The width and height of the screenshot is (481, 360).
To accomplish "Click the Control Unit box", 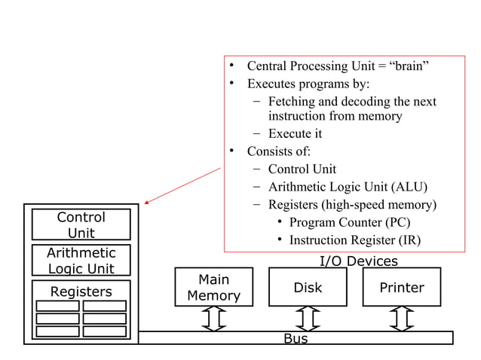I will click(81, 224).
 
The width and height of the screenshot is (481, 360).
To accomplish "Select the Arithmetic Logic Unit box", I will click(81, 260).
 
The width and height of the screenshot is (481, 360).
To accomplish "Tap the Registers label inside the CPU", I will click(81, 291).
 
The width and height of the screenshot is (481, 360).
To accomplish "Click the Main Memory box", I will click(213, 288).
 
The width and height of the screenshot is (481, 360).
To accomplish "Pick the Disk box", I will click(308, 288).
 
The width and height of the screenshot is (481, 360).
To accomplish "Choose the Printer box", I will click(401, 288).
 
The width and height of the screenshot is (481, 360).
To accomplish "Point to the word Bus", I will click(296, 339).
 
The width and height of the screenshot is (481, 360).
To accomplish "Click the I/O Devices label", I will click(358, 261).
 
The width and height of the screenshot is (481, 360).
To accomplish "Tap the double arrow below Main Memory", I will click(214, 319).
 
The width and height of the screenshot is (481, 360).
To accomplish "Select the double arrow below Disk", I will click(308, 319).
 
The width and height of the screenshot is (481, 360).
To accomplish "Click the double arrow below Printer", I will click(402, 319).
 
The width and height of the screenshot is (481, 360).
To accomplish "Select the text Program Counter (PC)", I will click(350, 222).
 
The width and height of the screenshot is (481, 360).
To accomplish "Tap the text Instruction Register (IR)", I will click(354, 240).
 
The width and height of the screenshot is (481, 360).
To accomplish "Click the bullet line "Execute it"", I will click(295, 133).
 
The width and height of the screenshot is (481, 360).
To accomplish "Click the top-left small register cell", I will click(57, 306).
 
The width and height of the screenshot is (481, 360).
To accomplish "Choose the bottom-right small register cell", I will click(104, 331).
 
